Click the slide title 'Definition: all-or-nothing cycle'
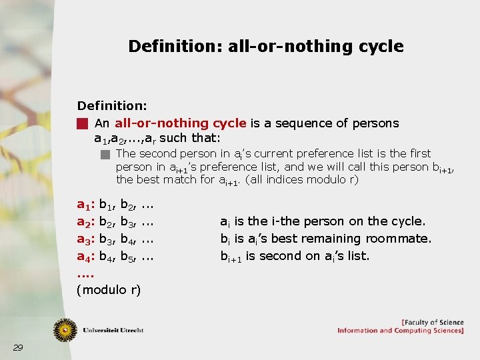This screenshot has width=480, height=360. pyautogui.click(x=265, y=46)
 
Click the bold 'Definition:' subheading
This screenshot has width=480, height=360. pyautogui.click(x=112, y=106)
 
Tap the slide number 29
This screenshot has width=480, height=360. pyautogui.click(x=18, y=347)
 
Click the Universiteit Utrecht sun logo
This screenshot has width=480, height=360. pyautogui.click(x=65, y=329)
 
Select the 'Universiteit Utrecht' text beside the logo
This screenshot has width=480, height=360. pyautogui.click(x=113, y=330)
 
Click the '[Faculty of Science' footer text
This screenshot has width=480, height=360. pyautogui.click(x=432, y=322)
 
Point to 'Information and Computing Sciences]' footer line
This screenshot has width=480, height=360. pyautogui.click(x=400, y=331)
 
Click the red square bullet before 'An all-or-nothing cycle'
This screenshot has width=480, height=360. pyautogui.click(x=82, y=123)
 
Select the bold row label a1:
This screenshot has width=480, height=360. pyautogui.click(x=86, y=205)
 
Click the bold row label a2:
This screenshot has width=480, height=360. pyautogui.click(x=86, y=221)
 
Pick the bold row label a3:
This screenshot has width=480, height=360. pyautogui.click(x=86, y=239)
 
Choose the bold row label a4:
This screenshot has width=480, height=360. pyautogui.click(x=86, y=256)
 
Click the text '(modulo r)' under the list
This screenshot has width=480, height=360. pyautogui.click(x=109, y=290)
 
